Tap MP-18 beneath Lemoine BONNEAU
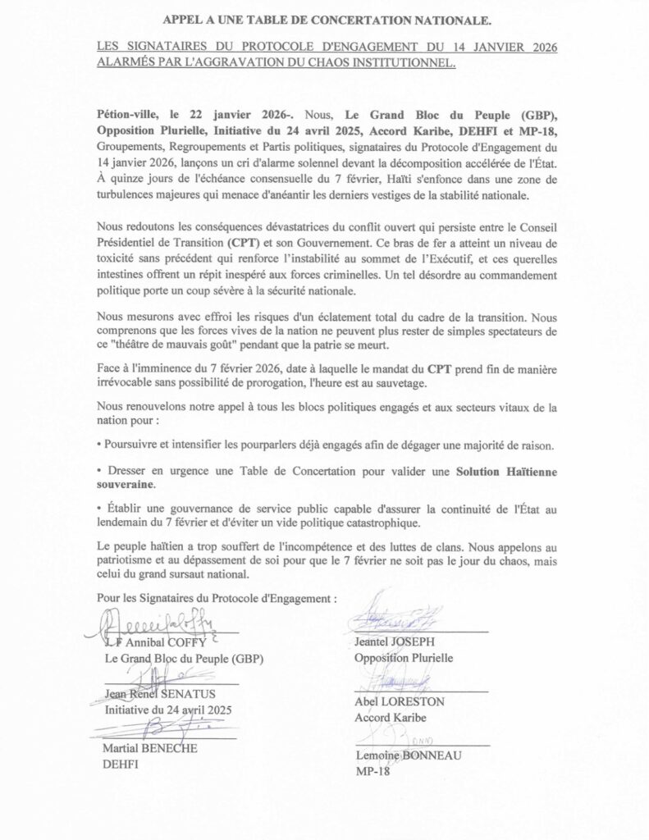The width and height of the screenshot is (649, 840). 372,771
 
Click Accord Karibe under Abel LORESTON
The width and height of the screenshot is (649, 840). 390,718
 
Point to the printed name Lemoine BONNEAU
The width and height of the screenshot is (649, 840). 408,756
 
